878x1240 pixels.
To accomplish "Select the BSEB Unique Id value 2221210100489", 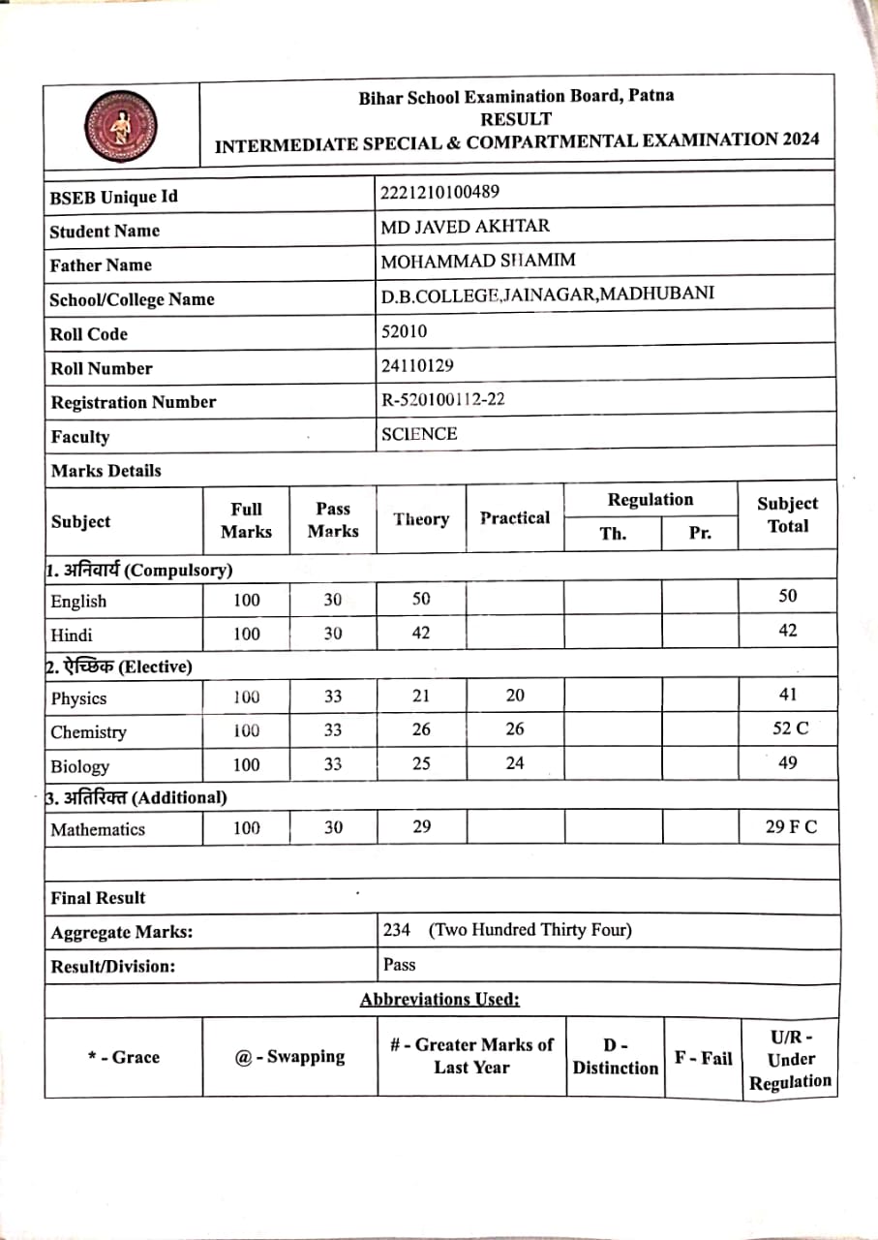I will point(440,192).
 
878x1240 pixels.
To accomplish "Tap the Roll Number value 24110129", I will point(417,365).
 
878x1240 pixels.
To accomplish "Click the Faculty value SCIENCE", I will point(419,434).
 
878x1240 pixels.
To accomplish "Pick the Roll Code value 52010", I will point(404,331).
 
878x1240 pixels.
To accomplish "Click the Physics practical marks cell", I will point(515,696).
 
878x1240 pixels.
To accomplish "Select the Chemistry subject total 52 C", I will point(788,728).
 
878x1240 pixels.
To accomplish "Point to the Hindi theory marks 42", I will point(421,633).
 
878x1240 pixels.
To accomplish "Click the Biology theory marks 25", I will point(421,763).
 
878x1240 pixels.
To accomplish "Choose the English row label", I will point(79,601).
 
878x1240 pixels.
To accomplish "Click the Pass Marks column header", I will point(333,519).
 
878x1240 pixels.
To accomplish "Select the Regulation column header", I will point(651,500).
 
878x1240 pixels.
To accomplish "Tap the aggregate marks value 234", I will point(397,930).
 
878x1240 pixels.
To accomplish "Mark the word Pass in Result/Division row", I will point(400,964).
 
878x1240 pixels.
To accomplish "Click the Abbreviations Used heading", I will point(439,999).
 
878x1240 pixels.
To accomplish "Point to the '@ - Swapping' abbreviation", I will point(289,1056).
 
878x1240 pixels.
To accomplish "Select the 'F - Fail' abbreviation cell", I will point(704,1058).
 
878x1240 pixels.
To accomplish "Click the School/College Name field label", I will point(132,299).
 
